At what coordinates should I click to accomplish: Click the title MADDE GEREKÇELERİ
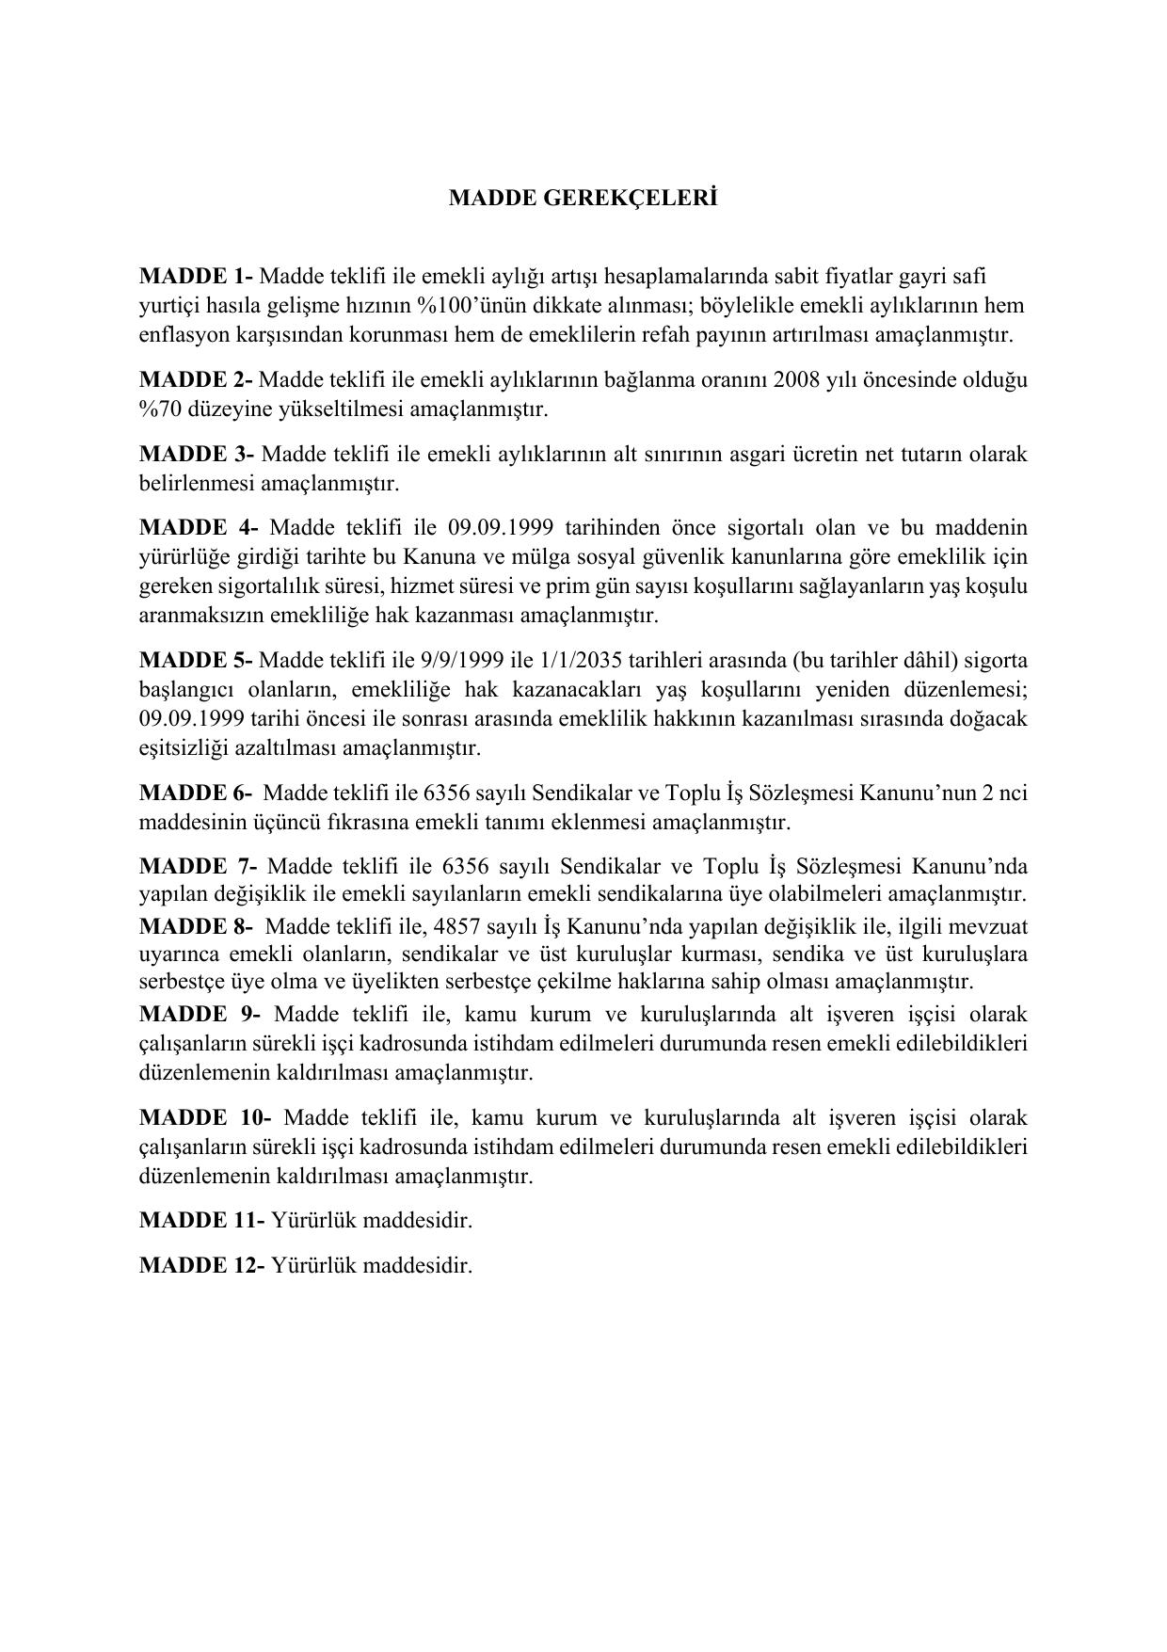click(583, 199)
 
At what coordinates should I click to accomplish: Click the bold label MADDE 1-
click(196, 277)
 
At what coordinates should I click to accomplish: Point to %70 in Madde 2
click(159, 409)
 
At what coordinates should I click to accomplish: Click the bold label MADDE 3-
click(197, 454)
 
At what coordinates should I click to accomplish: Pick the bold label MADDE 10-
click(205, 1117)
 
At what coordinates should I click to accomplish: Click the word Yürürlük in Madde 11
click(313, 1220)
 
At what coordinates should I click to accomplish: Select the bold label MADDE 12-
click(201, 1264)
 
